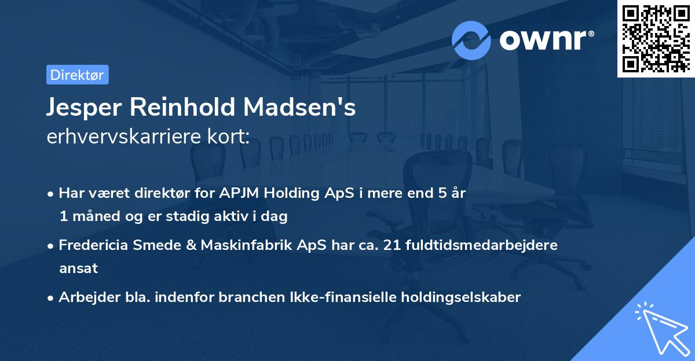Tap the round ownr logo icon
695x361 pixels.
[471, 40]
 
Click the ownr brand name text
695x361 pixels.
[546, 40]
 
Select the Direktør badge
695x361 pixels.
[77, 75]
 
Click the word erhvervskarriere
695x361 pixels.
[123, 137]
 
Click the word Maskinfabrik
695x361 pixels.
[243, 245]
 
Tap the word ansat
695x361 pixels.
[78, 268]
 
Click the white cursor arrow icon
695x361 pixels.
[661, 331]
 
